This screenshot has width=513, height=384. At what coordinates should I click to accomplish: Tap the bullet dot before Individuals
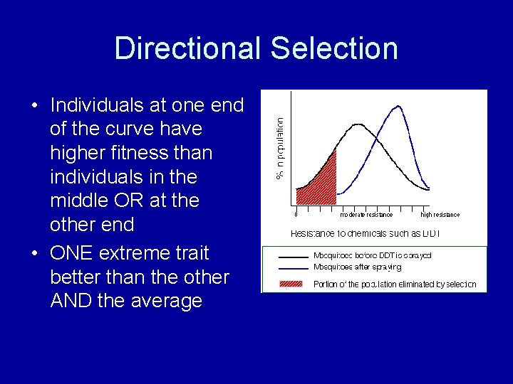(x=34, y=106)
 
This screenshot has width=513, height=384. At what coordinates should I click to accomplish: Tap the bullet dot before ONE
(x=34, y=254)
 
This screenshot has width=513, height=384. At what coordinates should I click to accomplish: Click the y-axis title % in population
(x=280, y=148)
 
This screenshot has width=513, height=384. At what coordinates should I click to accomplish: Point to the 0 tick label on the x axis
(x=296, y=215)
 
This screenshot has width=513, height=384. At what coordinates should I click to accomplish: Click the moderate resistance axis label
(x=366, y=215)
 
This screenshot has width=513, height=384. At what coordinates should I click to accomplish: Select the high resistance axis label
(x=440, y=215)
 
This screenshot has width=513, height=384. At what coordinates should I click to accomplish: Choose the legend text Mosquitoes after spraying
(x=357, y=267)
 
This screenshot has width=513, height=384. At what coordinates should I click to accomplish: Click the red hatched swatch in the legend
(x=293, y=284)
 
